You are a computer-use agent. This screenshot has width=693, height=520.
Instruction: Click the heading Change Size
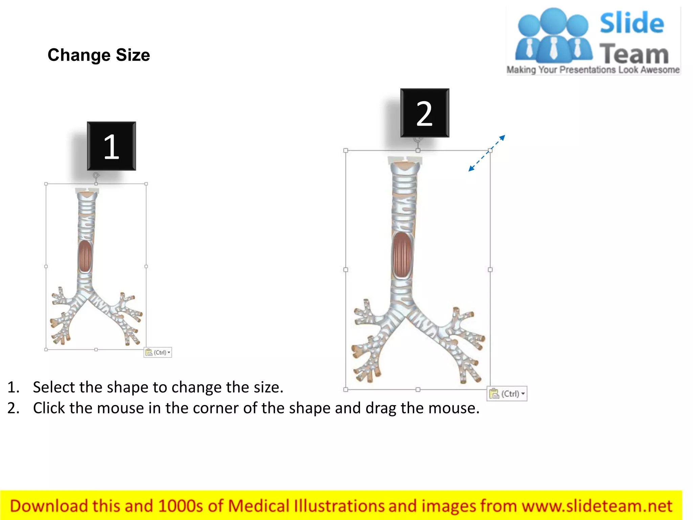point(98,55)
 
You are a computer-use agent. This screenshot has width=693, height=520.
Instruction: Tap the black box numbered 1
point(111,146)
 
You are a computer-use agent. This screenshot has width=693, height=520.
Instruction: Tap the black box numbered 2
point(425,113)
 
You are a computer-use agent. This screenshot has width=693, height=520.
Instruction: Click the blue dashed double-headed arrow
point(487,153)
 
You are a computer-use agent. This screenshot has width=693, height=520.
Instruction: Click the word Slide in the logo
point(631,23)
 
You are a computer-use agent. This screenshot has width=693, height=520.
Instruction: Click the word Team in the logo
point(634,54)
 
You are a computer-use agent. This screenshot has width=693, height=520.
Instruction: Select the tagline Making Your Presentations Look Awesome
point(593,70)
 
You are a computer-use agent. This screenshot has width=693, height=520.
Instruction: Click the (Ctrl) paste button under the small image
point(158,352)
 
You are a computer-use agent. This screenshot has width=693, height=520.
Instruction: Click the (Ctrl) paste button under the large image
point(507,394)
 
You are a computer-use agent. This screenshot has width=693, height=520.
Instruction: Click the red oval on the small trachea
point(85,256)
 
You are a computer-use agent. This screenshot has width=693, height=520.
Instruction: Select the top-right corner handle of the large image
point(490,150)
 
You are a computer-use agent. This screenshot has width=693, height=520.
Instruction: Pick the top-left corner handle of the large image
point(345,150)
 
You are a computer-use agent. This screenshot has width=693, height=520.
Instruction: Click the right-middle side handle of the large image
point(490,270)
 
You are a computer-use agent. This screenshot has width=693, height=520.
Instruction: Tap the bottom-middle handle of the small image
point(96,349)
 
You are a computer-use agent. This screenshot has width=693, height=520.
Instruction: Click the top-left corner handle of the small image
point(46,184)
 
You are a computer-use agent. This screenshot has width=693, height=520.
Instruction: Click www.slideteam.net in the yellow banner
point(597,506)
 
